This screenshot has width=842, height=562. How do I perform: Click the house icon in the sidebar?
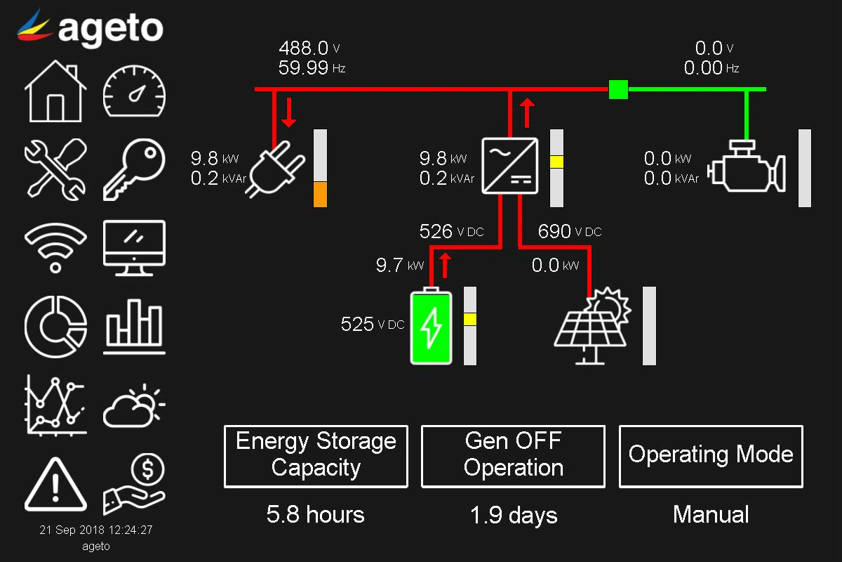(55, 91)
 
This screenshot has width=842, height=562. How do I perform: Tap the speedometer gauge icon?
(134, 91)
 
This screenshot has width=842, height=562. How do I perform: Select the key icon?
(134, 169)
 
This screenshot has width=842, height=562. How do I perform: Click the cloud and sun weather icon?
(134, 406)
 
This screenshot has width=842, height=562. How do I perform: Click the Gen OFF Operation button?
(513, 456)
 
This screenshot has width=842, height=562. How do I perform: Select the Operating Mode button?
(711, 456)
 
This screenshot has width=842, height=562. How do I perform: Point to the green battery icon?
(432, 327)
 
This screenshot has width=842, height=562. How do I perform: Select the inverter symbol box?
(510, 166)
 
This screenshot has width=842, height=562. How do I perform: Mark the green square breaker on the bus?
(618, 89)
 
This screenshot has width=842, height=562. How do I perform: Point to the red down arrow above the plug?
(288, 113)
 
